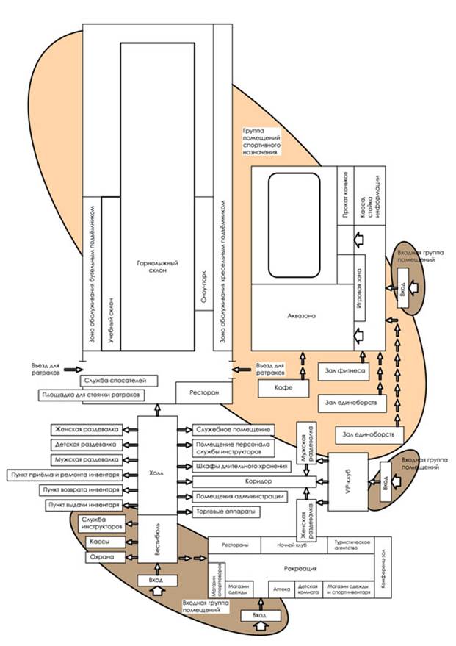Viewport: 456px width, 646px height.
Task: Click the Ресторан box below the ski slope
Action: [x=203, y=393]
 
